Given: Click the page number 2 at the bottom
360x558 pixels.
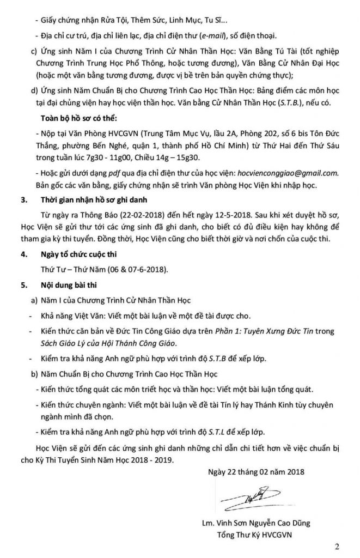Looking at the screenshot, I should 343,546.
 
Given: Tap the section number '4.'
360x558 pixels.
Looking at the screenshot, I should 23,255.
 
